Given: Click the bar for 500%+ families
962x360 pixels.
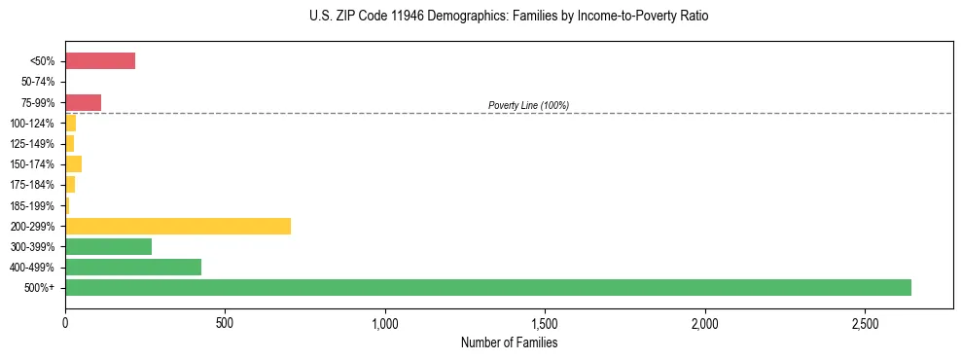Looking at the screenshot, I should pyautogui.click(x=487, y=287).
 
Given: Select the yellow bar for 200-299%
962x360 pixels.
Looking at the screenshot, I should pyautogui.click(x=178, y=226).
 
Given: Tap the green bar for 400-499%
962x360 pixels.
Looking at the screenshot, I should pyautogui.click(x=133, y=267).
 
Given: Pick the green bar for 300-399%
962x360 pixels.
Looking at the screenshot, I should pyautogui.click(x=108, y=246).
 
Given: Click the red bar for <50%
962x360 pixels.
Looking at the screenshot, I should pyautogui.click(x=100, y=61).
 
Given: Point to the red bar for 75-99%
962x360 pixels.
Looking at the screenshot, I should pyautogui.click(x=83, y=102).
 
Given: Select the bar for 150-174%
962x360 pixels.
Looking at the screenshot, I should pyautogui.click(x=73, y=163).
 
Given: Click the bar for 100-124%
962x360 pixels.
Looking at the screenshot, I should pyautogui.click(x=70, y=123).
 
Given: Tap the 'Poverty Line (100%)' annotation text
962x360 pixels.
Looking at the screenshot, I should pyautogui.click(x=528, y=105).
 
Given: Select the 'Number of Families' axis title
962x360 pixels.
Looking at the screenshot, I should pyautogui.click(x=509, y=342).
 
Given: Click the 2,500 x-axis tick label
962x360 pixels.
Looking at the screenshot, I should pyautogui.click(x=865, y=322).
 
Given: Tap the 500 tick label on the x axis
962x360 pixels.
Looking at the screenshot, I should pyautogui.click(x=225, y=322).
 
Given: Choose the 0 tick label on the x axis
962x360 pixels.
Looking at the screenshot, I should pyautogui.click(x=65, y=322).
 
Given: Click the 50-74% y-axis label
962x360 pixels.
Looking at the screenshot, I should pyautogui.click(x=38, y=82).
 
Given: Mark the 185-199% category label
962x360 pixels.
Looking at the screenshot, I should pyautogui.click(x=32, y=205).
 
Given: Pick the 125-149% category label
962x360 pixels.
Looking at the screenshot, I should pyautogui.click(x=32, y=144).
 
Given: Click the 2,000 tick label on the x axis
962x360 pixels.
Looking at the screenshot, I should pyautogui.click(x=705, y=322).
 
